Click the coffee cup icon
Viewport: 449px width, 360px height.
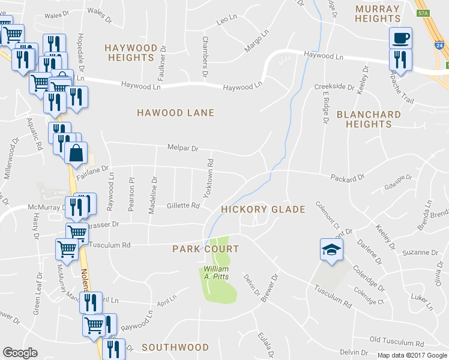[400, 38]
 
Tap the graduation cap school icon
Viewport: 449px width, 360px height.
[331, 249]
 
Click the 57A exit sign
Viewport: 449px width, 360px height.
[423, 13]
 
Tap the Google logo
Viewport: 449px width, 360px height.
[20, 353]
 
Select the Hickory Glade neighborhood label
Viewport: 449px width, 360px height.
[263, 209]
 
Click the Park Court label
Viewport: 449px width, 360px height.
[206, 249]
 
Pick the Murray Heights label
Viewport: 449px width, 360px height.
[377, 14]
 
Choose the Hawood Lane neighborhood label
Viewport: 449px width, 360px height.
[175, 113]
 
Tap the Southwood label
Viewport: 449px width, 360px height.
[175, 347]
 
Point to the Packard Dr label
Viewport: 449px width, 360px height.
[348, 178]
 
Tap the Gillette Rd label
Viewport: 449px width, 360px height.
[182, 206]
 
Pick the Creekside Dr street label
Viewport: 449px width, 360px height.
[334, 87]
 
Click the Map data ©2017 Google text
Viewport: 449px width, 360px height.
[411, 355]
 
